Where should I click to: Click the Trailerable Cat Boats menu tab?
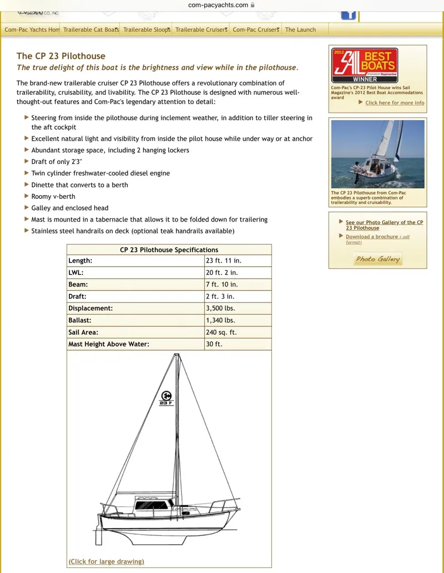[90, 30]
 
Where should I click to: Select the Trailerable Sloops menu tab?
[147, 30]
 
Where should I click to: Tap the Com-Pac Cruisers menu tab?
[255, 30]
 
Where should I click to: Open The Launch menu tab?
[300, 30]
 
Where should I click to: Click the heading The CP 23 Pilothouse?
[60, 56]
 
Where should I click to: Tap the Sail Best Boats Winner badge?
[364, 65]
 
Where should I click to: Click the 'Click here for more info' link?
[394, 103]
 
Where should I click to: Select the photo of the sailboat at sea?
[377, 154]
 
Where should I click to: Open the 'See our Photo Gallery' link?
[384, 225]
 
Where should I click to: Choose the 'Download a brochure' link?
[372, 237]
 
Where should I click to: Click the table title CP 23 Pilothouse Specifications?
[169, 250]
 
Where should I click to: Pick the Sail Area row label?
[83, 332]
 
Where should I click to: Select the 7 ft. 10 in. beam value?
[221, 284]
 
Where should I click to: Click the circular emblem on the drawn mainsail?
[165, 396]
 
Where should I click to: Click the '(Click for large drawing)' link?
[106, 561]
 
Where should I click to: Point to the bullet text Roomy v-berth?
[53, 196]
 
